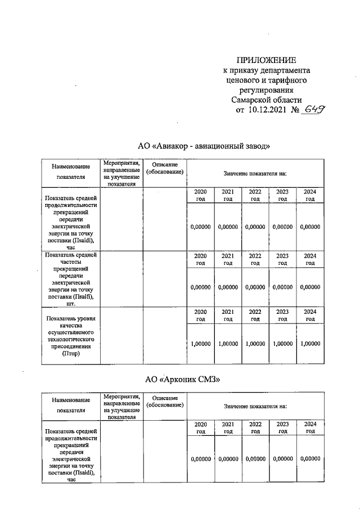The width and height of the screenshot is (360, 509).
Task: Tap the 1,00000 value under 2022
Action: (x=255, y=343)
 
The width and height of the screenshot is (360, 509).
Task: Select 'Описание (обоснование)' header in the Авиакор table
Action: (x=165, y=168)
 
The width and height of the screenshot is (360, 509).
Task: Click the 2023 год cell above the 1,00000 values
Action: (x=282, y=315)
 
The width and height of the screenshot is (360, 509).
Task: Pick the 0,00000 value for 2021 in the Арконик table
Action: (x=228, y=459)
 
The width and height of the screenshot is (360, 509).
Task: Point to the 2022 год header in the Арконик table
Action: (x=255, y=427)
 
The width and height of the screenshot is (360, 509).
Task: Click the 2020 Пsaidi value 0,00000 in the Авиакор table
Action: (x=201, y=227)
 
